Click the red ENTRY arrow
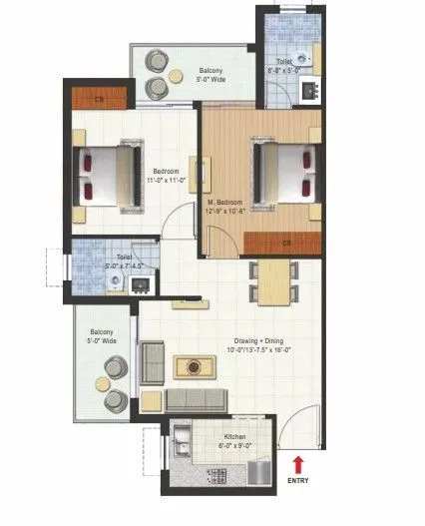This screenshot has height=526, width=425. (297, 462)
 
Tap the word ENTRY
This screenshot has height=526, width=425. (297, 480)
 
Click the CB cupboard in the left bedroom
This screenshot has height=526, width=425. (100, 99)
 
